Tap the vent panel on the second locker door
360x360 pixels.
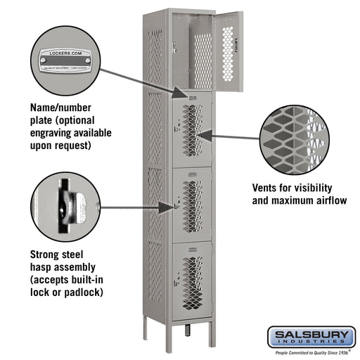192,131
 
